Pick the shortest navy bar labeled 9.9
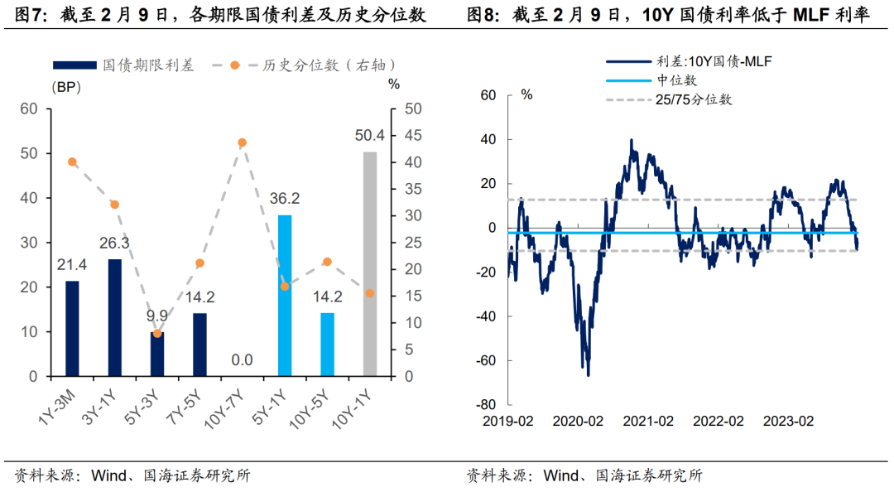tap(157, 354)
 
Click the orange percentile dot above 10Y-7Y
tap(243, 142)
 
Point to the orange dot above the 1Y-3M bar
tap(72, 162)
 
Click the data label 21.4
tap(72, 264)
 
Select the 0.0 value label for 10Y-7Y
tap(242, 359)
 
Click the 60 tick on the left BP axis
tap(29, 109)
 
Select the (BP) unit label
tap(67, 85)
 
